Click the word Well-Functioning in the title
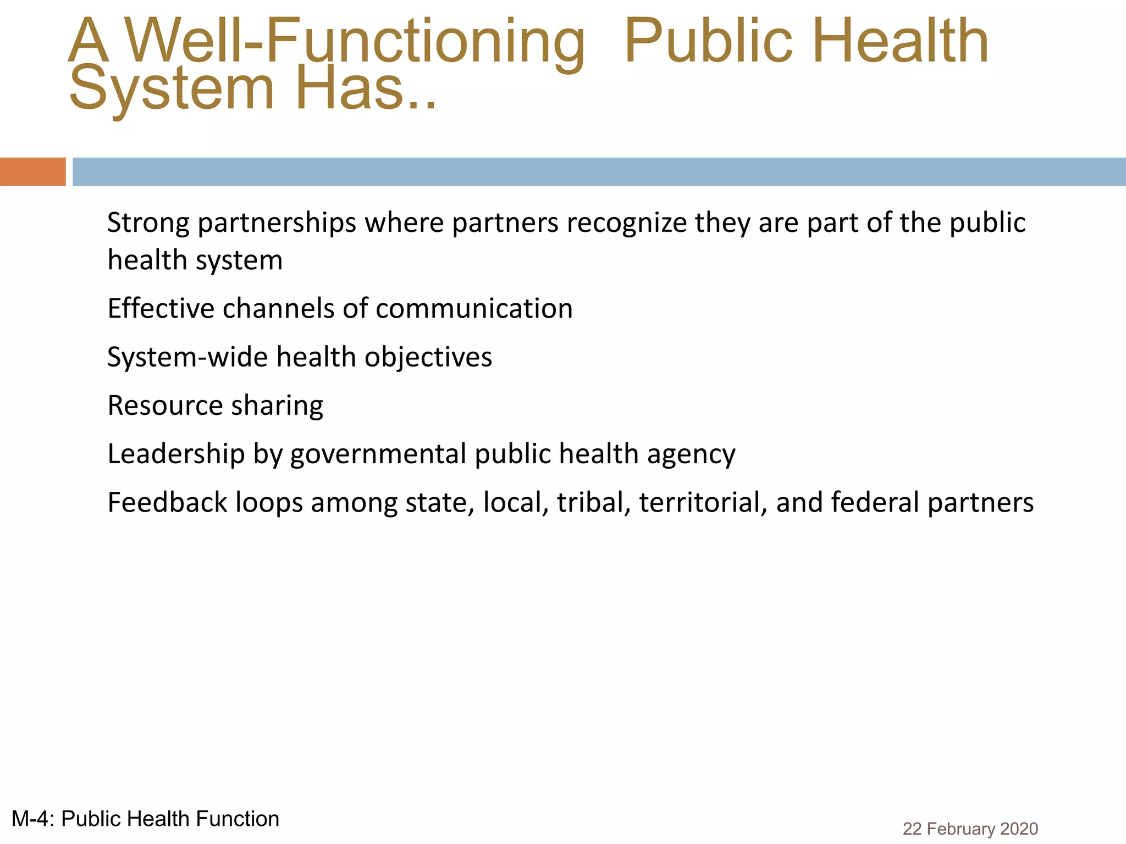click(355, 42)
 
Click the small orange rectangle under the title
click(32, 171)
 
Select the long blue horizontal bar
click(599, 171)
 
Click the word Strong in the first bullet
click(148, 223)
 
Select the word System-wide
click(187, 357)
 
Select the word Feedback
click(167, 502)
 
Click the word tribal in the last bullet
click(593, 502)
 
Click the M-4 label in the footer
click(32, 819)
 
